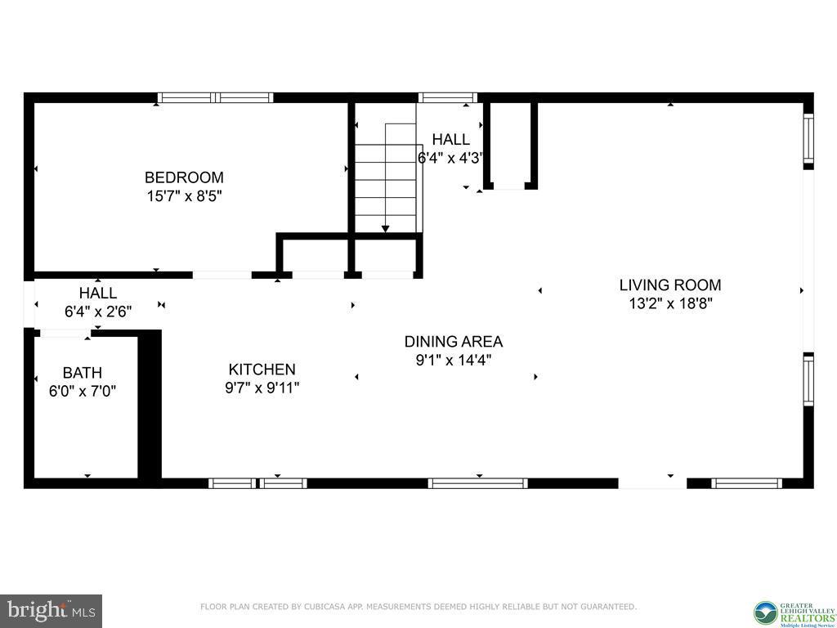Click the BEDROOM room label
[x=184, y=177]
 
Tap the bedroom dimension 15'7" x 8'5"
[x=184, y=196]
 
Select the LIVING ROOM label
[x=669, y=285]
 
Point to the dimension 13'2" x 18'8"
[x=669, y=304]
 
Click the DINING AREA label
[x=454, y=342]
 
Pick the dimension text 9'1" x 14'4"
[x=454, y=360]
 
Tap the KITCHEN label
[x=262, y=370]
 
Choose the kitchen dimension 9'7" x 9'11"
[x=262, y=388]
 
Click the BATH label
[x=82, y=373]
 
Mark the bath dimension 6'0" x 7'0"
[x=82, y=392]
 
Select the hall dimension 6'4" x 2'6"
[x=97, y=312]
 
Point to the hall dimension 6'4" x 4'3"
[x=450, y=159]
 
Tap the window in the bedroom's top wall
[x=215, y=97]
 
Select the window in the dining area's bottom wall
[x=478, y=483]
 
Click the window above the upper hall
[x=447, y=97]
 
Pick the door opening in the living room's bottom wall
[x=652, y=483]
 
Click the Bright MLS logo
[x=51, y=611]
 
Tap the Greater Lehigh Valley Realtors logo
[x=791, y=611]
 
